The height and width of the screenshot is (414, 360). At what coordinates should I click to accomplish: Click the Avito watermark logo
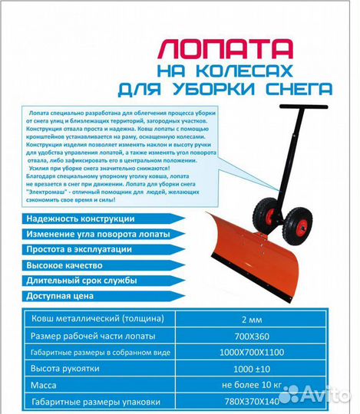[314, 394]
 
